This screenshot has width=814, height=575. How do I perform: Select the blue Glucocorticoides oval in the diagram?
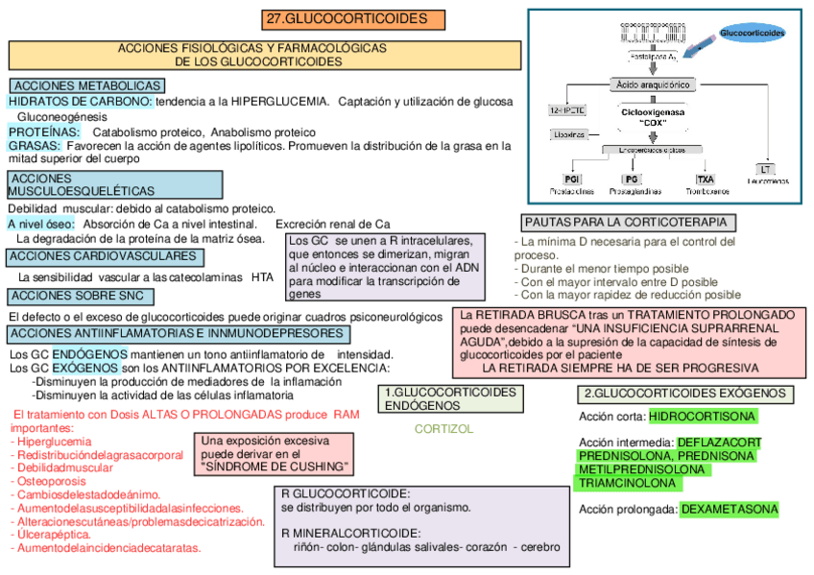[752, 34]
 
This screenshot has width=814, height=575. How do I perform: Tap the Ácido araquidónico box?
[653, 84]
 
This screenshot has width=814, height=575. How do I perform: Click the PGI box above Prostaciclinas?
[572, 180]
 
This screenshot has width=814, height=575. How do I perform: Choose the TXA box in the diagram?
[706, 180]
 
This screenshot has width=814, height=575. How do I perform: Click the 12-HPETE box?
[566, 110]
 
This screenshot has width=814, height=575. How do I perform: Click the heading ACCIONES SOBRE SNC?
[83, 296]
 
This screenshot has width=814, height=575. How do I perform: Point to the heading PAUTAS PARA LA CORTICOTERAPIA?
[630, 223]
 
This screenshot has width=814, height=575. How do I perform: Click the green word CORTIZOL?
[443, 429]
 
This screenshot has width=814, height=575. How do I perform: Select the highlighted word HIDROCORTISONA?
[703, 417]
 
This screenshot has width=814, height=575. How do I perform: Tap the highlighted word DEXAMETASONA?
[730, 509]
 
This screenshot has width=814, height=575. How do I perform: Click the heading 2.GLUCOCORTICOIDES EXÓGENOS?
[685, 394]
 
